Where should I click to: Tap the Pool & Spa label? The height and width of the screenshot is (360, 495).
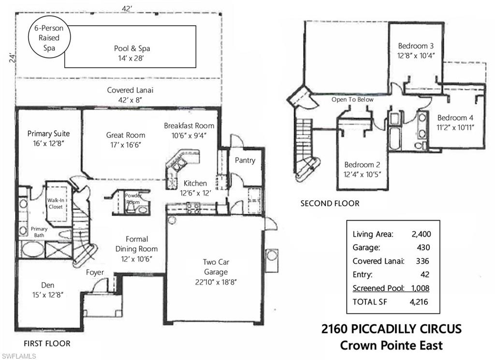point(132,48)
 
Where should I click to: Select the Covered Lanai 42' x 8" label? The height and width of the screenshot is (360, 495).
point(130,95)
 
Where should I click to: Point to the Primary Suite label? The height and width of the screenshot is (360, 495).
point(49,134)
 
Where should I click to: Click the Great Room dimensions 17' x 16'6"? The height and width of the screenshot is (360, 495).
point(126,145)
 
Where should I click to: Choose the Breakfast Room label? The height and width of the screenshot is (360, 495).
point(189,125)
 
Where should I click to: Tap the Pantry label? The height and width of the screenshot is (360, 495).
point(245,160)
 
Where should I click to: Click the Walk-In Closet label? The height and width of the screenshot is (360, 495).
point(56,203)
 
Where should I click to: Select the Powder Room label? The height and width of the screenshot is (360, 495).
point(133,199)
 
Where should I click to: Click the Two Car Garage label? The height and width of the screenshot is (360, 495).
point(216,267)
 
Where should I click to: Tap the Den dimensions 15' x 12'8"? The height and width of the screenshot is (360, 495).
point(48,295)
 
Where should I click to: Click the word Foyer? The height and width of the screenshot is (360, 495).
point(95,272)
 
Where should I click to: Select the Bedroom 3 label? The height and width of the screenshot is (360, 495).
point(416,46)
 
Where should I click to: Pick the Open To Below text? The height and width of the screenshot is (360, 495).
point(352,100)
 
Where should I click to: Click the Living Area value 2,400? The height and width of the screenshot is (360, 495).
point(421,234)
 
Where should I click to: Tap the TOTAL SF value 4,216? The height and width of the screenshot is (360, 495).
point(419,302)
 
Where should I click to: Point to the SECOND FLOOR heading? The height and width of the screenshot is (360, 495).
point(330,204)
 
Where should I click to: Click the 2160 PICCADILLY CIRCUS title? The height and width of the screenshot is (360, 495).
point(392,329)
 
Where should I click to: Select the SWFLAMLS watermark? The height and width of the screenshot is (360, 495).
point(18,356)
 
